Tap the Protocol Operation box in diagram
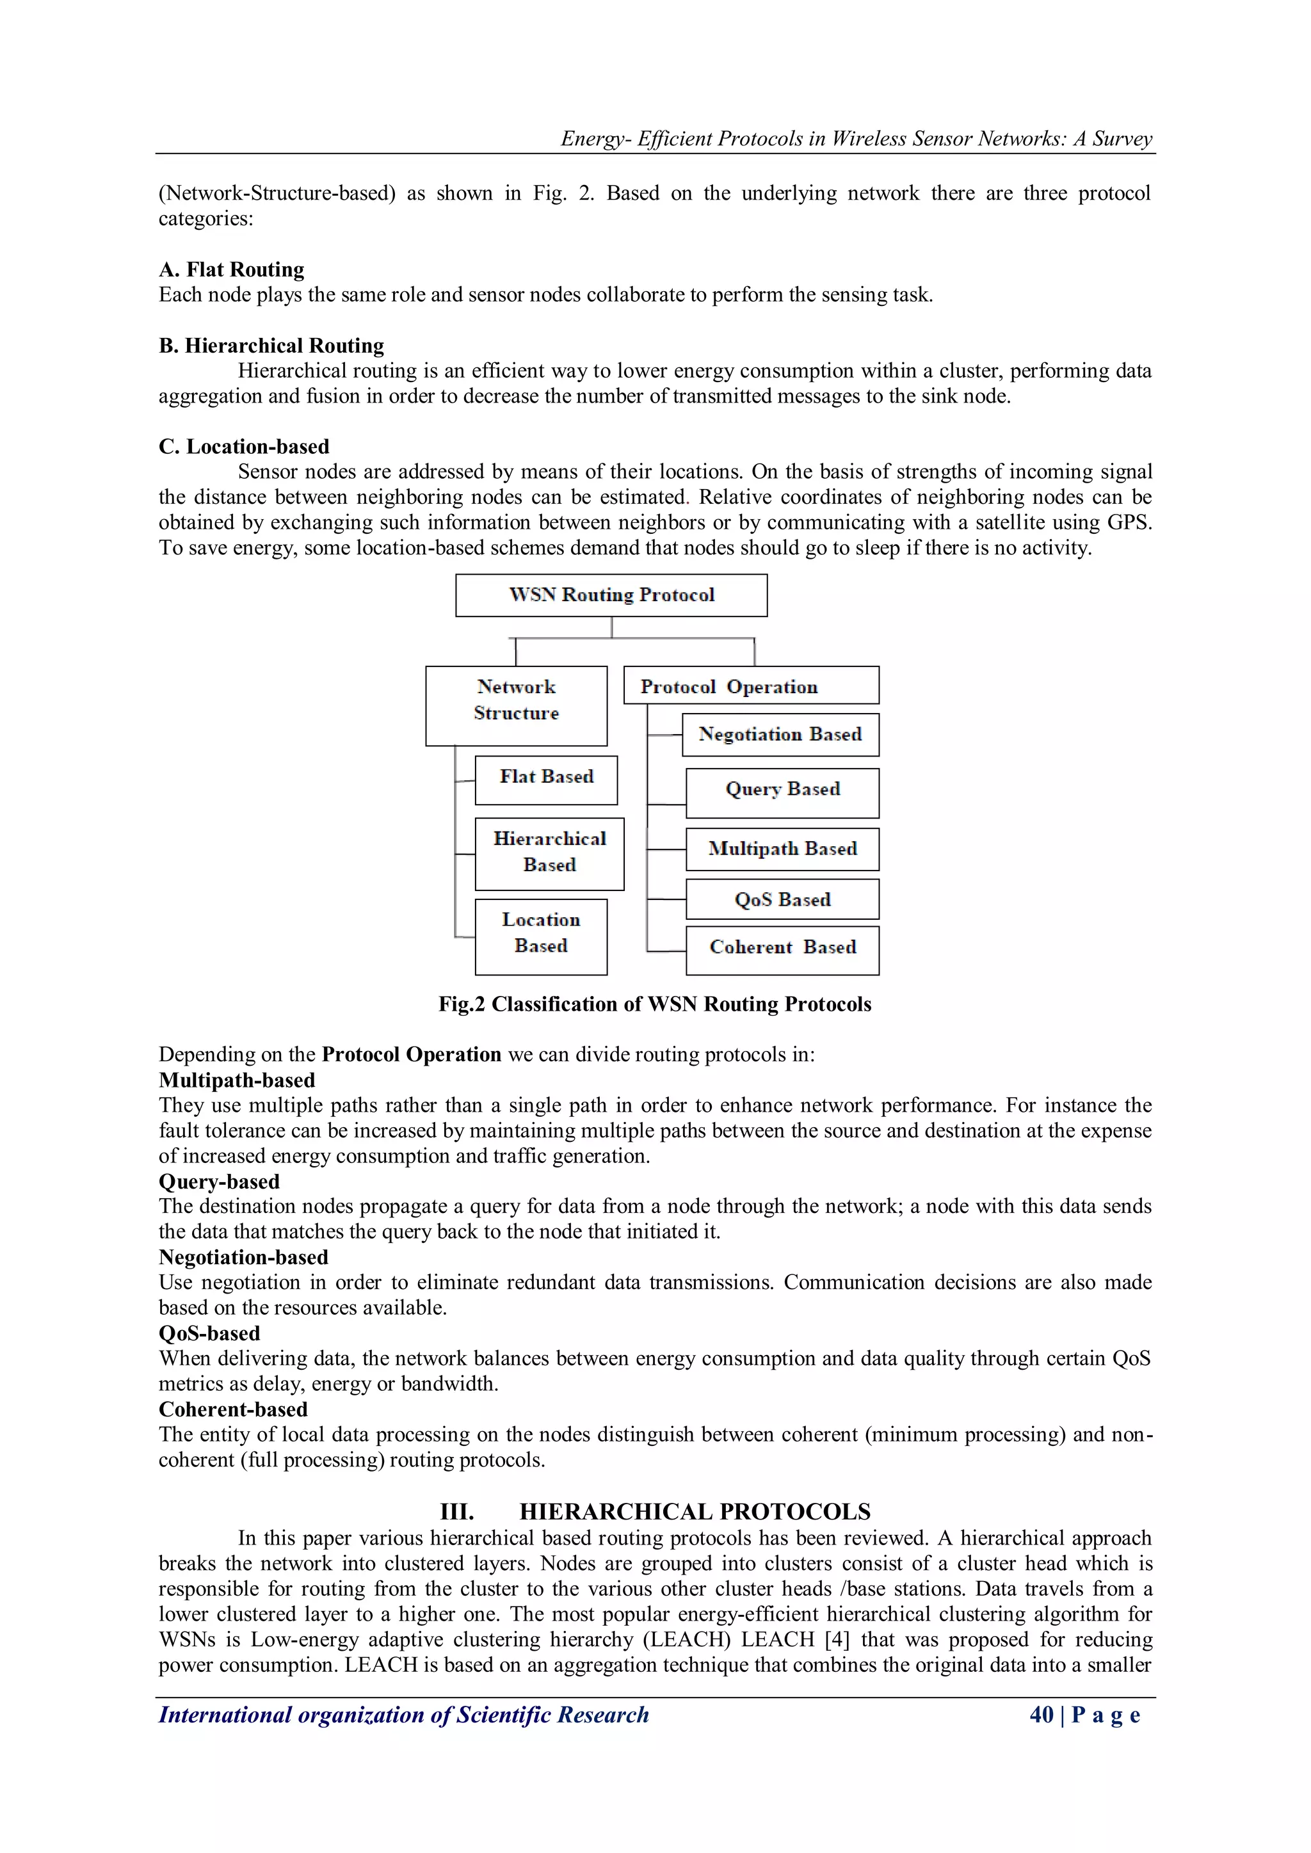[x=751, y=685]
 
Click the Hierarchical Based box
[x=549, y=853]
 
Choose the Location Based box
[x=541, y=936]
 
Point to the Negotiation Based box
[x=780, y=734]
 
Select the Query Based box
[x=782, y=792]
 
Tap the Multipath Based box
[x=782, y=849]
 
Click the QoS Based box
[x=782, y=899]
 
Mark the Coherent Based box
[x=782, y=949]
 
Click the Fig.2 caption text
[x=655, y=1004]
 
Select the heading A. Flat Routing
[x=232, y=269]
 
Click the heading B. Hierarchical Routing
[x=271, y=346]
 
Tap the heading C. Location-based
[x=244, y=446]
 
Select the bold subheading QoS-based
[x=209, y=1333]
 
